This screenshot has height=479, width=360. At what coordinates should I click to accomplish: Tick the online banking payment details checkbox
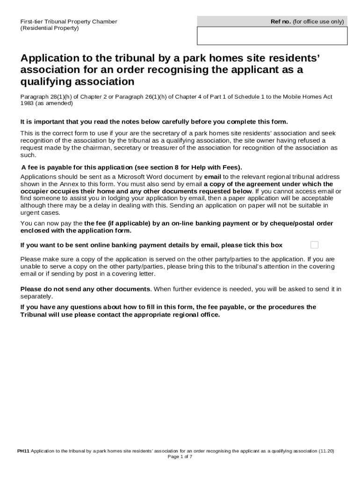315,245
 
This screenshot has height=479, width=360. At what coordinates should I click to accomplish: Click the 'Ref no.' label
281,22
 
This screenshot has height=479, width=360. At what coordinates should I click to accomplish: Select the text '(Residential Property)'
50,28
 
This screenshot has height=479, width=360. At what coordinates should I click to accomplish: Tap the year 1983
28,103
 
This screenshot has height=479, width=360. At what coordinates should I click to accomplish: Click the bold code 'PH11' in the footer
23,451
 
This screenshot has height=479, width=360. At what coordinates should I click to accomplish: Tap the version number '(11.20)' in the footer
326,451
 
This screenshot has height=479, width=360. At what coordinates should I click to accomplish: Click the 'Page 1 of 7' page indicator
180,457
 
